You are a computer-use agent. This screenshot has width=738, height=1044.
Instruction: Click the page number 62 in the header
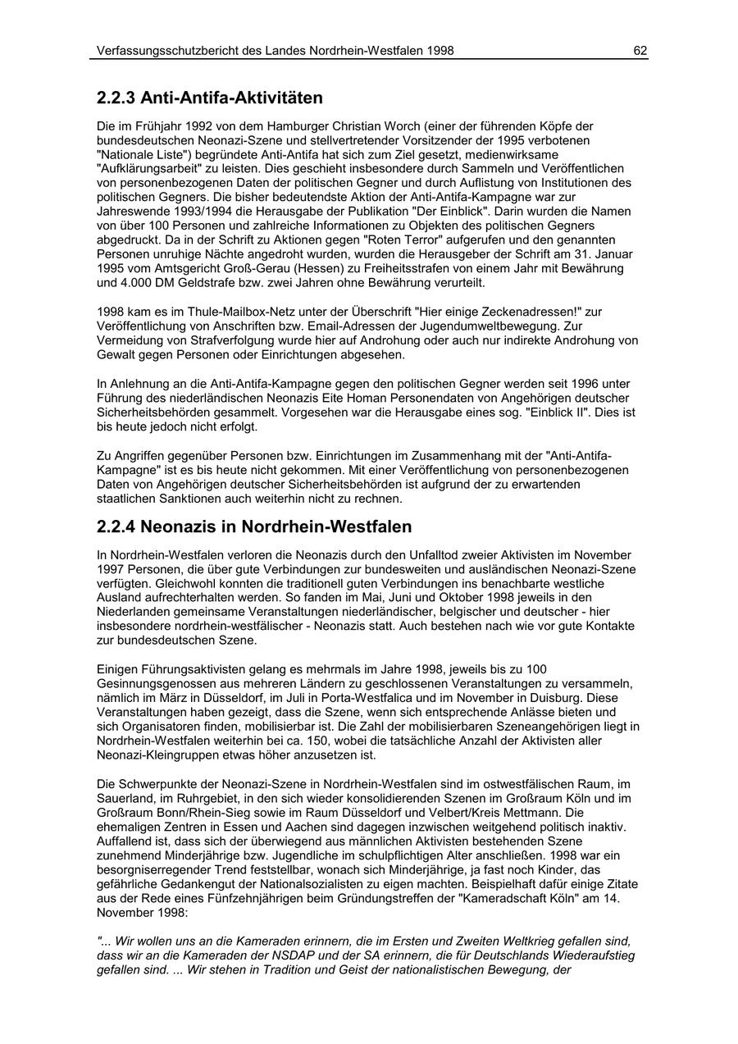coord(640,51)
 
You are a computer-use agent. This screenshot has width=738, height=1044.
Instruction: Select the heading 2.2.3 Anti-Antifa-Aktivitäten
coord(209,98)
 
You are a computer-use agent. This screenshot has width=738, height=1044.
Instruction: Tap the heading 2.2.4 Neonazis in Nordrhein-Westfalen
coord(254,527)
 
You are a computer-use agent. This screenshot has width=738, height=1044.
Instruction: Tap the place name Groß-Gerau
coord(264,268)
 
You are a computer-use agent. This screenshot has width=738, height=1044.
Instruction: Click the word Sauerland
coord(125,798)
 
